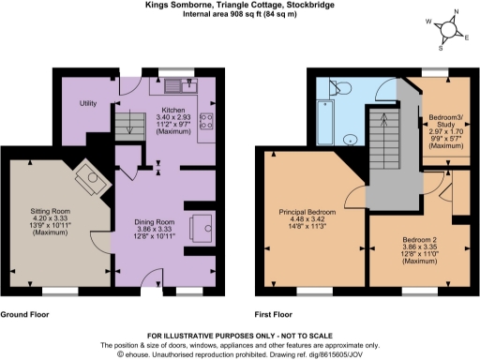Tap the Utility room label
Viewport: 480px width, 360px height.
[89, 102]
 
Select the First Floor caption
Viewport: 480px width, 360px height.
[275, 315]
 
